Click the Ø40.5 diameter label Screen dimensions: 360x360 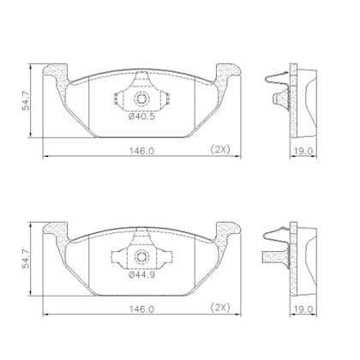click(x=142, y=117)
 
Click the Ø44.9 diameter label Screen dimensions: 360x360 click(x=142, y=275)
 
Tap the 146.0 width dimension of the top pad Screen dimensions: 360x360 click(x=141, y=151)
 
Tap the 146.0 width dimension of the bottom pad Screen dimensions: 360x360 click(x=141, y=309)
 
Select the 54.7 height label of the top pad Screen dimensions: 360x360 click(x=27, y=100)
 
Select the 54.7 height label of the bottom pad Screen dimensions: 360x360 click(x=27, y=259)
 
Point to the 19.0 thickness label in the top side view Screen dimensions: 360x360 click(x=304, y=151)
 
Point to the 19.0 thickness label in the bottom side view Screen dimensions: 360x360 click(x=304, y=309)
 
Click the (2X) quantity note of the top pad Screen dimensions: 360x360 click(x=220, y=150)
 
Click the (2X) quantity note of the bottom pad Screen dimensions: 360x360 click(x=220, y=308)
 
